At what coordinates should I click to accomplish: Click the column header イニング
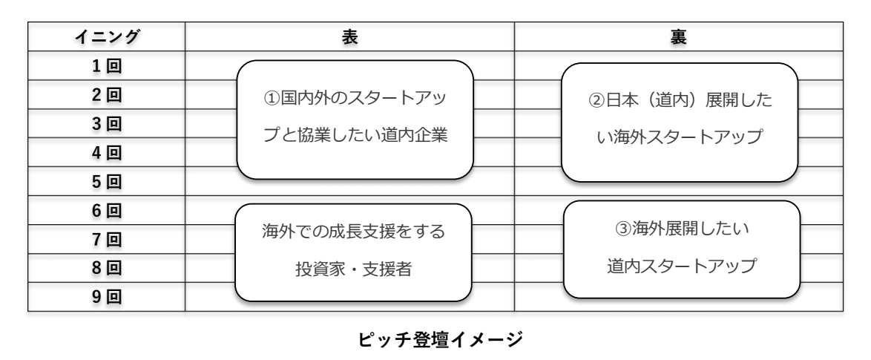coord(106,37)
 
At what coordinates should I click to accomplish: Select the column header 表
coord(349,37)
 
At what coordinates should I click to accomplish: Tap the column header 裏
coord(678,37)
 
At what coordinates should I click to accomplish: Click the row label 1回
coord(106,65)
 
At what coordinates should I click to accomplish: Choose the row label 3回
coord(106,123)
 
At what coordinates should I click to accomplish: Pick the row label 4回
coord(106,152)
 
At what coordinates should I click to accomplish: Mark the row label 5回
coord(106,181)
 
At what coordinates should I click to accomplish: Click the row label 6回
coord(106,210)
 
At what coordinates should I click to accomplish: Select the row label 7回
coord(106,239)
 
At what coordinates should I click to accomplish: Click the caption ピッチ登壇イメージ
coord(435,341)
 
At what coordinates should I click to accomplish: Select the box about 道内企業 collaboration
coord(355,119)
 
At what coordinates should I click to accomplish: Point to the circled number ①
coord(271,99)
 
